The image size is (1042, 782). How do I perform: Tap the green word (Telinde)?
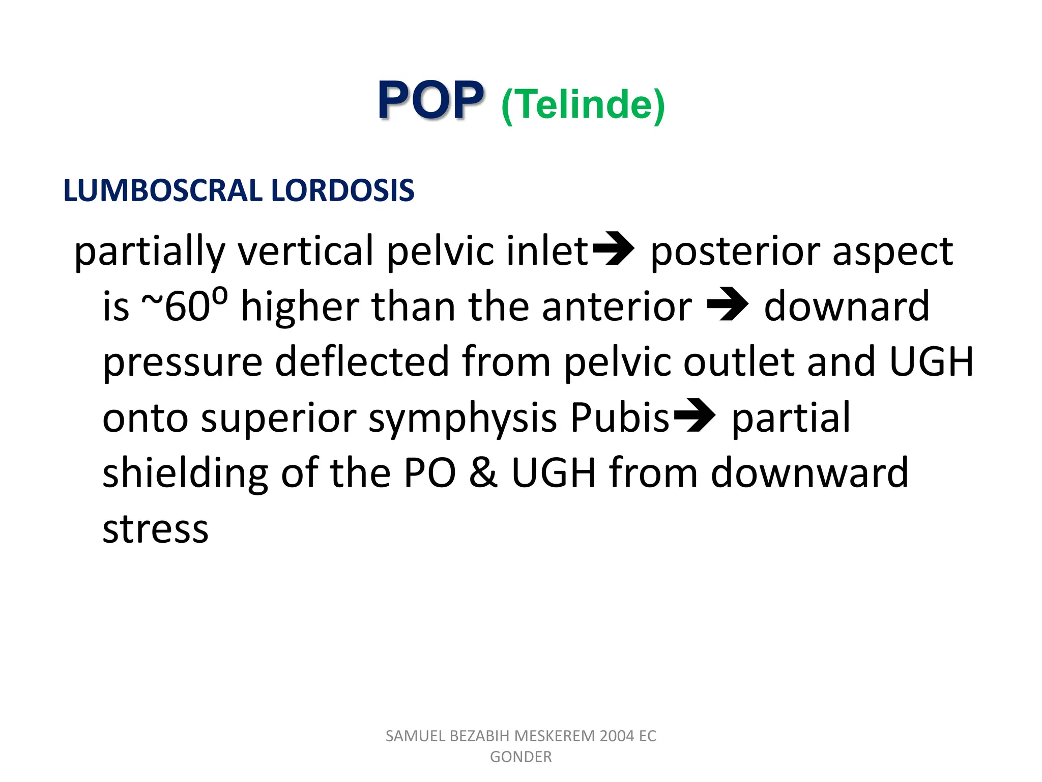(x=583, y=105)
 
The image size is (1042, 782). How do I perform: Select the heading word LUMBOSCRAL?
(x=163, y=190)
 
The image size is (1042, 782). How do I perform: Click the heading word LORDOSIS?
(x=342, y=190)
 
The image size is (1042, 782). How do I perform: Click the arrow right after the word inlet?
(x=613, y=249)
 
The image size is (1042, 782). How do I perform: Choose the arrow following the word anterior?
(x=728, y=305)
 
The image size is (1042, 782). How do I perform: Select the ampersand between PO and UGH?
(x=483, y=473)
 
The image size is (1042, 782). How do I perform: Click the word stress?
(x=156, y=529)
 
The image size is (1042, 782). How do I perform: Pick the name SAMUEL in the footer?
(x=415, y=736)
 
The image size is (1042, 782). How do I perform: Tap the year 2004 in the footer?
(x=617, y=736)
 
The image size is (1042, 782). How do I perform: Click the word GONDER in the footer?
(x=520, y=757)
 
